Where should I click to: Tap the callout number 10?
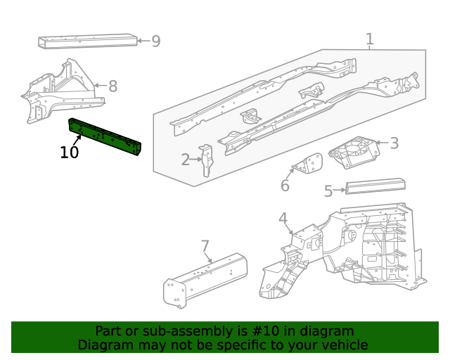click(x=69, y=153)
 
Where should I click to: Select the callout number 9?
click(x=156, y=41)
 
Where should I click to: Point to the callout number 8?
click(x=112, y=86)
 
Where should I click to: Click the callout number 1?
click(x=369, y=39)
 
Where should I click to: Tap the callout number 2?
click(x=186, y=160)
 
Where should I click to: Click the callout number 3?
click(x=394, y=143)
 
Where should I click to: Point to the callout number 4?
click(x=283, y=219)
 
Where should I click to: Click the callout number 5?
click(x=328, y=191)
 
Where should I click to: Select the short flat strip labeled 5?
click(x=375, y=186)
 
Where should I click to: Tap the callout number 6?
click(x=285, y=186)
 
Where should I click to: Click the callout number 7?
click(x=205, y=246)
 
